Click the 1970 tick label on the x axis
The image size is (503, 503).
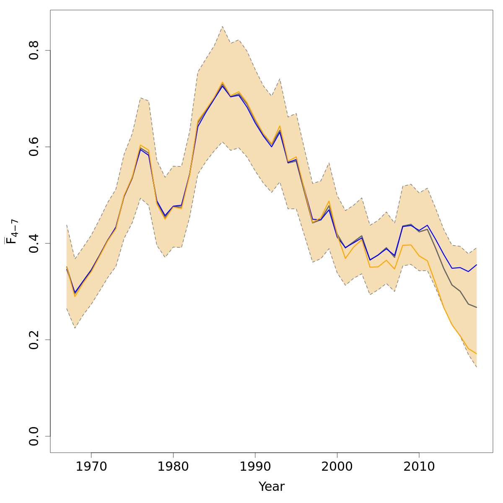click(91, 467)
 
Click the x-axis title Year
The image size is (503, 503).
click(272, 487)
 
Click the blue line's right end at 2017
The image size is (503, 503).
click(477, 265)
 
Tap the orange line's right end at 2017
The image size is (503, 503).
click(477, 354)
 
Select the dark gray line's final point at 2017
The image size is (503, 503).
click(477, 307)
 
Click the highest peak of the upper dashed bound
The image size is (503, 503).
click(223, 26)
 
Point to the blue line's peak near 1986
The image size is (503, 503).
click(223, 86)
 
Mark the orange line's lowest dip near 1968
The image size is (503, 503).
click(75, 296)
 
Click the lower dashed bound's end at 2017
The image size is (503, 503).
click(477, 367)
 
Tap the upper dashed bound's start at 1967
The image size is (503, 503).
click(67, 225)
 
